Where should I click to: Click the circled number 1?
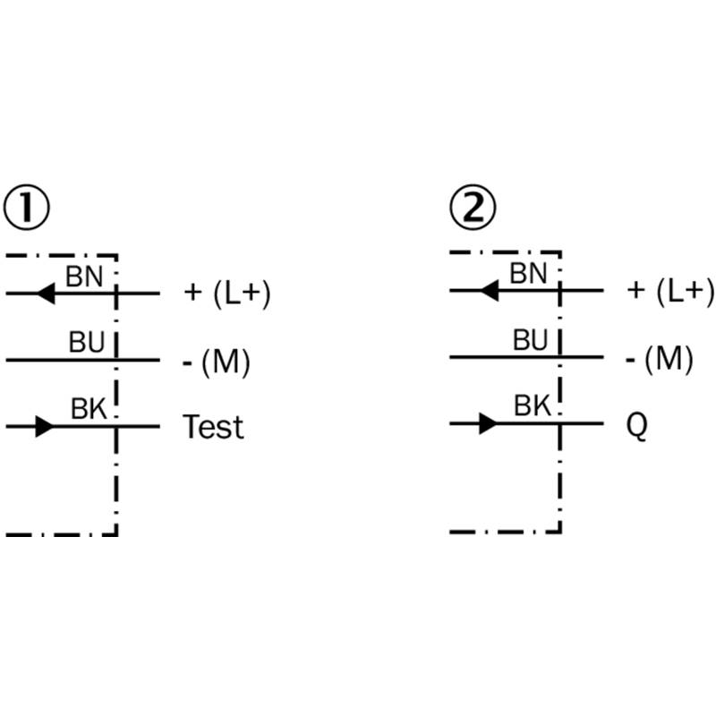[27, 208]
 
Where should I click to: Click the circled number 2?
[473, 207]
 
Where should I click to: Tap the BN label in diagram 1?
[84, 277]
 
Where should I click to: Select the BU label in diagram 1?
[87, 342]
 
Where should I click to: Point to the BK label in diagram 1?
[89, 408]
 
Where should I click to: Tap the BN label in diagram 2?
[528, 274]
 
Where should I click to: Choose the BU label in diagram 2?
[530, 340]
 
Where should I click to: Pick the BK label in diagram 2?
[533, 405]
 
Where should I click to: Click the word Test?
[213, 427]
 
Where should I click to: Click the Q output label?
[636, 426]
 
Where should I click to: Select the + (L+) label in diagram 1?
[227, 294]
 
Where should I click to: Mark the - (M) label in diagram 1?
[217, 362]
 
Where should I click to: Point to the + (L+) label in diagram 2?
[670, 291]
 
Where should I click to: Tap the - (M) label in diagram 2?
[660, 360]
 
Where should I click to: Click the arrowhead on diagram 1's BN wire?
[47, 294]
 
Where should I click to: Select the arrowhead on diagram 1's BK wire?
[45, 427]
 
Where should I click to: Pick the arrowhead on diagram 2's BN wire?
[490, 290]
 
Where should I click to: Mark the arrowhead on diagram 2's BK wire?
[488, 423]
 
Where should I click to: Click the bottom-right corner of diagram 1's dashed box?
[117, 534]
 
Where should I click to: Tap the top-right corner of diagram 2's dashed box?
[560, 251]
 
